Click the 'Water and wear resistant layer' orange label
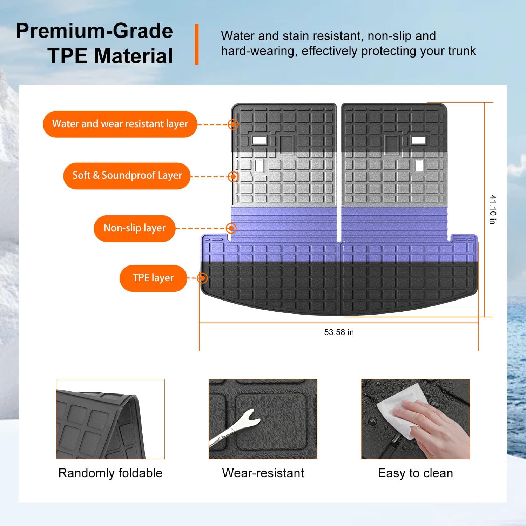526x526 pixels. click(120, 124)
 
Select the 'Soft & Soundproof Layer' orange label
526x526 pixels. click(127, 176)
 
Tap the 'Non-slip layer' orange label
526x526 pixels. click(134, 228)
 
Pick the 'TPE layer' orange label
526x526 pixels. click(153, 278)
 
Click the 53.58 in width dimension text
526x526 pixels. click(339, 332)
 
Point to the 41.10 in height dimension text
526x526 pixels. click(493, 209)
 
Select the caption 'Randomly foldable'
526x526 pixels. click(110, 473)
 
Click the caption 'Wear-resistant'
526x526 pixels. click(263, 473)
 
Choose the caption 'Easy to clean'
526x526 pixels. click(415, 473)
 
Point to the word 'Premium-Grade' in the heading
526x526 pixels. click(94, 31)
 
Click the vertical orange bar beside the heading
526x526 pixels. click(197, 44)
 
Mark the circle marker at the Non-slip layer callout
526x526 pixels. click(231, 228)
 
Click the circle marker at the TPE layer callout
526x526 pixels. click(202, 278)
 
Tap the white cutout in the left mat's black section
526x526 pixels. click(259, 140)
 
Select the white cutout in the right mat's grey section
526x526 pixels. click(418, 166)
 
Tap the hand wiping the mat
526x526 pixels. click(435, 426)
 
